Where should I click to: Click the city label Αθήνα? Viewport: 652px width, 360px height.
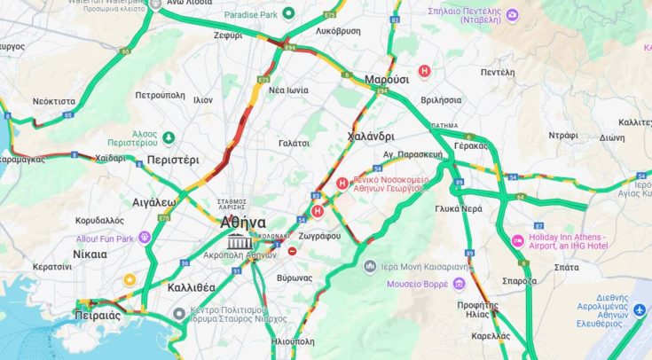coord(242,223)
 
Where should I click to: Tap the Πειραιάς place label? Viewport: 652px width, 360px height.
coord(97,315)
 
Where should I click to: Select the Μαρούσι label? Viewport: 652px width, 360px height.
coord(387,79)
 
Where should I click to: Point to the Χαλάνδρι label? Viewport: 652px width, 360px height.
coord(371,137)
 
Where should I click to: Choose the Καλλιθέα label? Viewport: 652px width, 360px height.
coord(191,287)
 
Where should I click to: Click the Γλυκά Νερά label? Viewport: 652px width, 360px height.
coord(459,209)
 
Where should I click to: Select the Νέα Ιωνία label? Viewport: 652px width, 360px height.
coord(288,90)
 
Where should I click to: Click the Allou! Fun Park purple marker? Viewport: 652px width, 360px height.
coord(145,239)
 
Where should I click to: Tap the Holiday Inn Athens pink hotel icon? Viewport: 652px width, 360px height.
coord(518,241)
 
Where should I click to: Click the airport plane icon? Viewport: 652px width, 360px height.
coord(640,309)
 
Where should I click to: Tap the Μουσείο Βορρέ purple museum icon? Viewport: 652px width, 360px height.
coord(459,284)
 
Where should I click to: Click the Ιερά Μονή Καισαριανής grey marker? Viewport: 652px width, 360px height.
coord(371,266)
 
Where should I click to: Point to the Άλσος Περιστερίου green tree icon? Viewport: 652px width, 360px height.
coord(169,136)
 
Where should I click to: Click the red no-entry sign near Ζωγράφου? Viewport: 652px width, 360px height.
coord(293,251)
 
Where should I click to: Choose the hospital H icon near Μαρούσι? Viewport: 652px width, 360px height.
coord(424,70)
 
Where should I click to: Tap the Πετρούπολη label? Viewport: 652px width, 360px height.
coord(160,95)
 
